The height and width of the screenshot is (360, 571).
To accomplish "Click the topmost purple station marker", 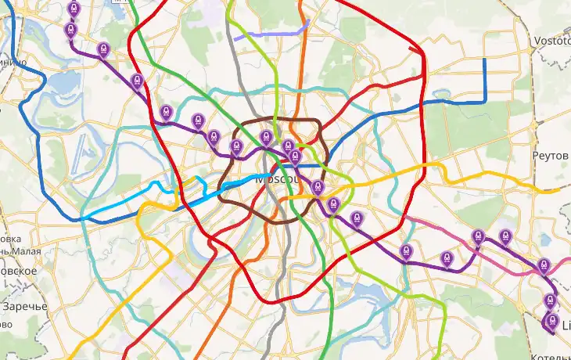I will tap(74, 9).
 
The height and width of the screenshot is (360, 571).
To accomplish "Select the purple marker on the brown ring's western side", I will tap(235, 146).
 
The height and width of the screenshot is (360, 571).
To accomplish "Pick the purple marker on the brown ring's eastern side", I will tap(317, 187).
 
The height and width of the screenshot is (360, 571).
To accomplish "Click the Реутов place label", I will tap(549, 156).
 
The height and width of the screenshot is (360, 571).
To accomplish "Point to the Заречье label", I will tap(24, 305).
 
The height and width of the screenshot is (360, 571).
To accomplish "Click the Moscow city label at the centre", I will tap(273, 178).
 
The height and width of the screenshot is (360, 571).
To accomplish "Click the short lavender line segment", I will tap(270, 33).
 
